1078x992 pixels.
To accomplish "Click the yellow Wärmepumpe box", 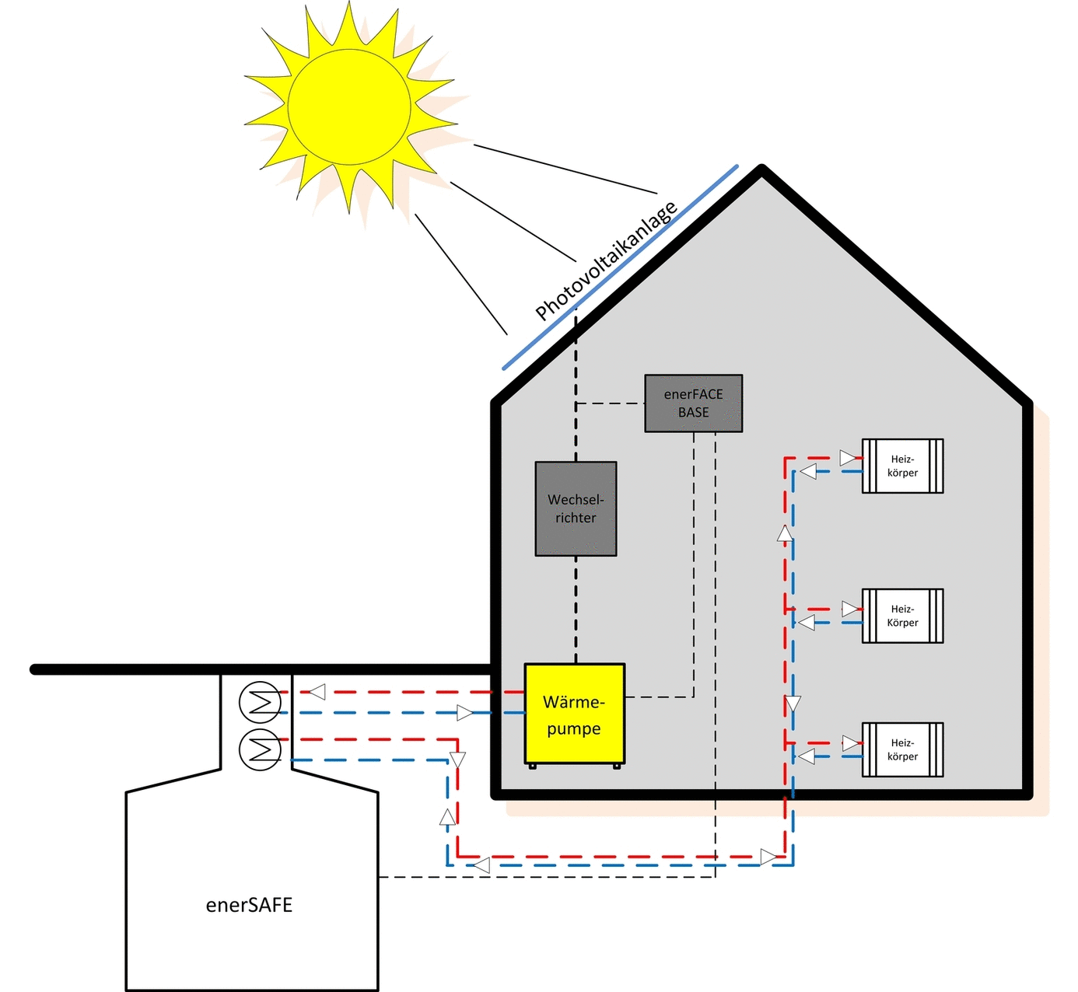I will [574, 714].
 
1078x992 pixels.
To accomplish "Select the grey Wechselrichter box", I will [576, 508].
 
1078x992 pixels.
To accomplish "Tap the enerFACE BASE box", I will [693, 403].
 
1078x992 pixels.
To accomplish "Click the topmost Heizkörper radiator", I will [902, 466].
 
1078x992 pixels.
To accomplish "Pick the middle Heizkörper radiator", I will [902, 616].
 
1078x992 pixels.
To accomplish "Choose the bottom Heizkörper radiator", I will [902, 749].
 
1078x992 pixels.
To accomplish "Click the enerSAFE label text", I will [249, 905].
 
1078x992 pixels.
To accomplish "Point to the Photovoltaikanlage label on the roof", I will [606, 260].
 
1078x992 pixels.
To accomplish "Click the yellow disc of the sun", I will [348, 107].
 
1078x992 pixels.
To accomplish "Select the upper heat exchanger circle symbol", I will [260, 702].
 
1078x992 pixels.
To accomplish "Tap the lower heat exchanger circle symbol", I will [260, 749].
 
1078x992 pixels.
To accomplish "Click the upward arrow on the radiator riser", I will [785, 533].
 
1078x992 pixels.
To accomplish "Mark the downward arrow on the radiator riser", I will [793, 704].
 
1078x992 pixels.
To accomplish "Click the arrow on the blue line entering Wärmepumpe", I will [464, 712].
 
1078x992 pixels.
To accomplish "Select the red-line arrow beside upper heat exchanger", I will [317, 692].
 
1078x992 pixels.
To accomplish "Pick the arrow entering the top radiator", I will [848, 456].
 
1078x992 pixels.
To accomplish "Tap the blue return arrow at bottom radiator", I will [807, 756].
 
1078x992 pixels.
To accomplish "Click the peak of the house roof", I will [761, 169].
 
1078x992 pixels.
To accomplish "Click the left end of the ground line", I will [35, 669].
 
